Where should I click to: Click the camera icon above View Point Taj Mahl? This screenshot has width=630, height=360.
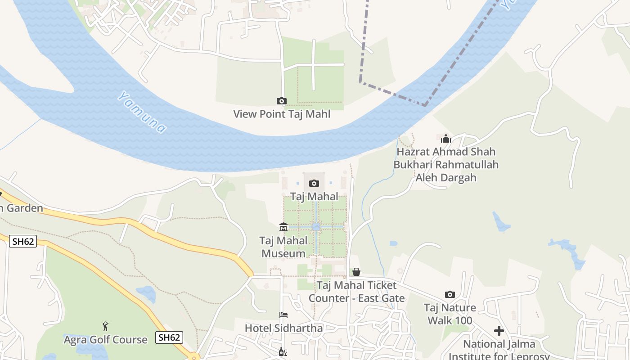coord(282,101)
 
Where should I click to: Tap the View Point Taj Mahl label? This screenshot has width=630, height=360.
coord(282,114)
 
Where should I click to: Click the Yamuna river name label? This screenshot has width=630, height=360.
coord(142,112)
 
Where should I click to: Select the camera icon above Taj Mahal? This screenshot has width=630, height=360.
coord(314,183)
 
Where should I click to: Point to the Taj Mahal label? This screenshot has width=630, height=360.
coord(314,197)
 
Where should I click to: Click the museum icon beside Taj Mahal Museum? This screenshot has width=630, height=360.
coord(283,227)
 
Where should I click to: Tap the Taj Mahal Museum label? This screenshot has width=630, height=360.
coord(283,247)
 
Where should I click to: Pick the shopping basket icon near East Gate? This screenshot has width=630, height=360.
coord(356,272)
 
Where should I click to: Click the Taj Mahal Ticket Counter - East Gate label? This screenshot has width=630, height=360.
coord(356,292)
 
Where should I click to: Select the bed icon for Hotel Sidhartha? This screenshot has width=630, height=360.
coord(283,315)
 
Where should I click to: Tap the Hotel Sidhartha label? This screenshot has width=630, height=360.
coord(283,328)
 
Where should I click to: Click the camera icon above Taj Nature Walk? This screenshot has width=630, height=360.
coord(450,295)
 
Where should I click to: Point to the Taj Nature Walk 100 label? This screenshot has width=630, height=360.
coord(450,314)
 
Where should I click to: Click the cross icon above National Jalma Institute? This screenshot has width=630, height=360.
coord(499,331)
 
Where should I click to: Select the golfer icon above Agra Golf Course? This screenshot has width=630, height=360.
coord(105,326)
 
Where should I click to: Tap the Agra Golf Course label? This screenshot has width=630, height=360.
coord(105,340)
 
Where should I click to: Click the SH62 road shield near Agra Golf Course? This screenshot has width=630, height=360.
coord(169,337)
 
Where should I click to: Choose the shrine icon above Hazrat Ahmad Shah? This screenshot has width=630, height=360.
coord(446,139)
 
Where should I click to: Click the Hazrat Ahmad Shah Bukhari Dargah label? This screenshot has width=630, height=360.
coord(446,165)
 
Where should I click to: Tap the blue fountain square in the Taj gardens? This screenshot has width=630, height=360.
coord(316,227)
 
